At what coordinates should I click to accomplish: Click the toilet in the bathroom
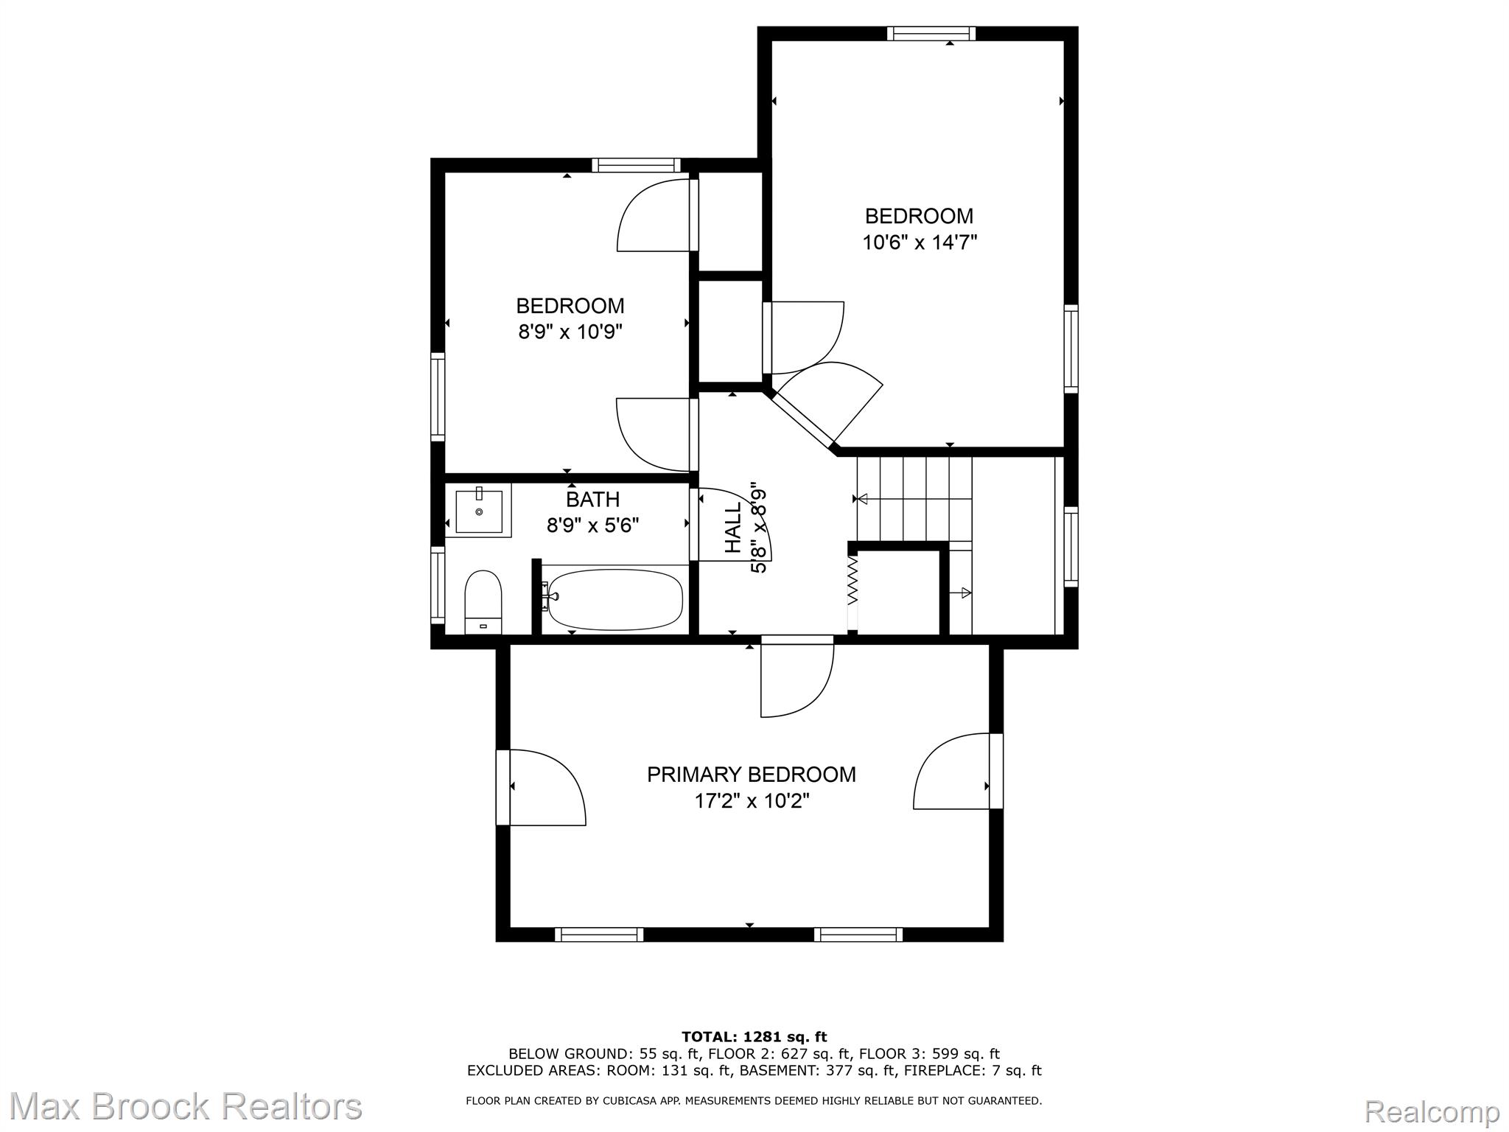[483, 601]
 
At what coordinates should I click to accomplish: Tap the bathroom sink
[479, 510]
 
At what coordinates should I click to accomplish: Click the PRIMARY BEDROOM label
[751, 775]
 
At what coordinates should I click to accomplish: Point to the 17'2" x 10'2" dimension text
[752, 800]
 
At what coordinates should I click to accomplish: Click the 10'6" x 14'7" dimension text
[920, 242]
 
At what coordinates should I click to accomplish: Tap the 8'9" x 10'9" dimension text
[570, 332]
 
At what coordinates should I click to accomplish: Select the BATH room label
[592, 500]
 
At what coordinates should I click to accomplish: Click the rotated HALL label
[733, 528]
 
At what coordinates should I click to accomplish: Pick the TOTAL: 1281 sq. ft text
[754, 1037]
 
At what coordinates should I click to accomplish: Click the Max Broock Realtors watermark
[186, 1106]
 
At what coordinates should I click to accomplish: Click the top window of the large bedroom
[931, 33]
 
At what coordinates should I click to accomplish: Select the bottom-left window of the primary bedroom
[599, 934]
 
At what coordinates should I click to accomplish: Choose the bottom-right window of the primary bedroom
[858, 934]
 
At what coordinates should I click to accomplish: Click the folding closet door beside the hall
[853, 590]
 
